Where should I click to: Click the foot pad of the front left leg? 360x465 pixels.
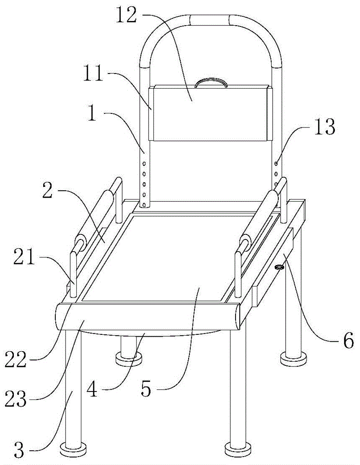click(x=73, y=450)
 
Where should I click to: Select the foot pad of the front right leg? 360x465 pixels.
click(x=237, y=450)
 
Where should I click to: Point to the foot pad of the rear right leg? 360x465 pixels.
click(x=294, y=358)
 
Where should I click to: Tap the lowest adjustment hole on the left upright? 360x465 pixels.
click(x=144, y=204)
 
